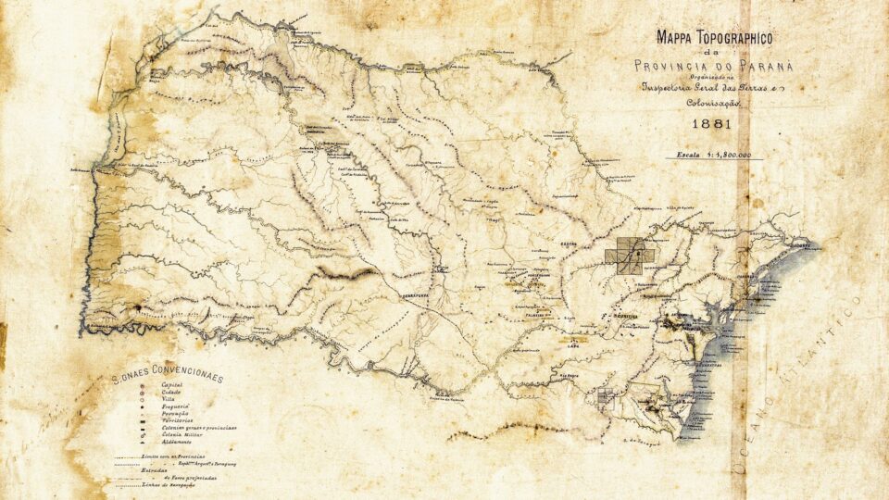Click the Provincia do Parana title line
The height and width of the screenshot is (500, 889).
click(x=713, y=65)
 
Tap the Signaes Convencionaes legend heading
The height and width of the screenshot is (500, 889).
click(x=168, y=378)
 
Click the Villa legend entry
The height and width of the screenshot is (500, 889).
click(x=169, y=399)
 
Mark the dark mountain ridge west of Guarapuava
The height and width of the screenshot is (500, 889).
click(x=347, y=273)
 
